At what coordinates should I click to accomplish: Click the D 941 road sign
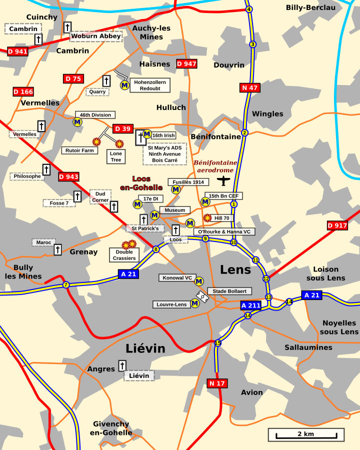click(17, 51)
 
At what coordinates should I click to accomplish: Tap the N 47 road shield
click(250, 88)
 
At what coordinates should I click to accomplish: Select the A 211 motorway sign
click(250, 305)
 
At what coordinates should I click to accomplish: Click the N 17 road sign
click(217, 383)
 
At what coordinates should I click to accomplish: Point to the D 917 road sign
click(337, 225)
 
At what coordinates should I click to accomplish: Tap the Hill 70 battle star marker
click(207, 218)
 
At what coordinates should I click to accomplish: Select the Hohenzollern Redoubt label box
click(150, 85)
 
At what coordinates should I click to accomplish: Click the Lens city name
click(235, 270)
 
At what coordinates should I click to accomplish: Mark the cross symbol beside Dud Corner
click(114, 206)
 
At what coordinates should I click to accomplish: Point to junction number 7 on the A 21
click(65, 285)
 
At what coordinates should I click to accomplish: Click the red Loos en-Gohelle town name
click(141, 183)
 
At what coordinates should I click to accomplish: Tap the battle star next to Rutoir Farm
click(96, 142)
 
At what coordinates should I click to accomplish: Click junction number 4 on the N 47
click(249, 9)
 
